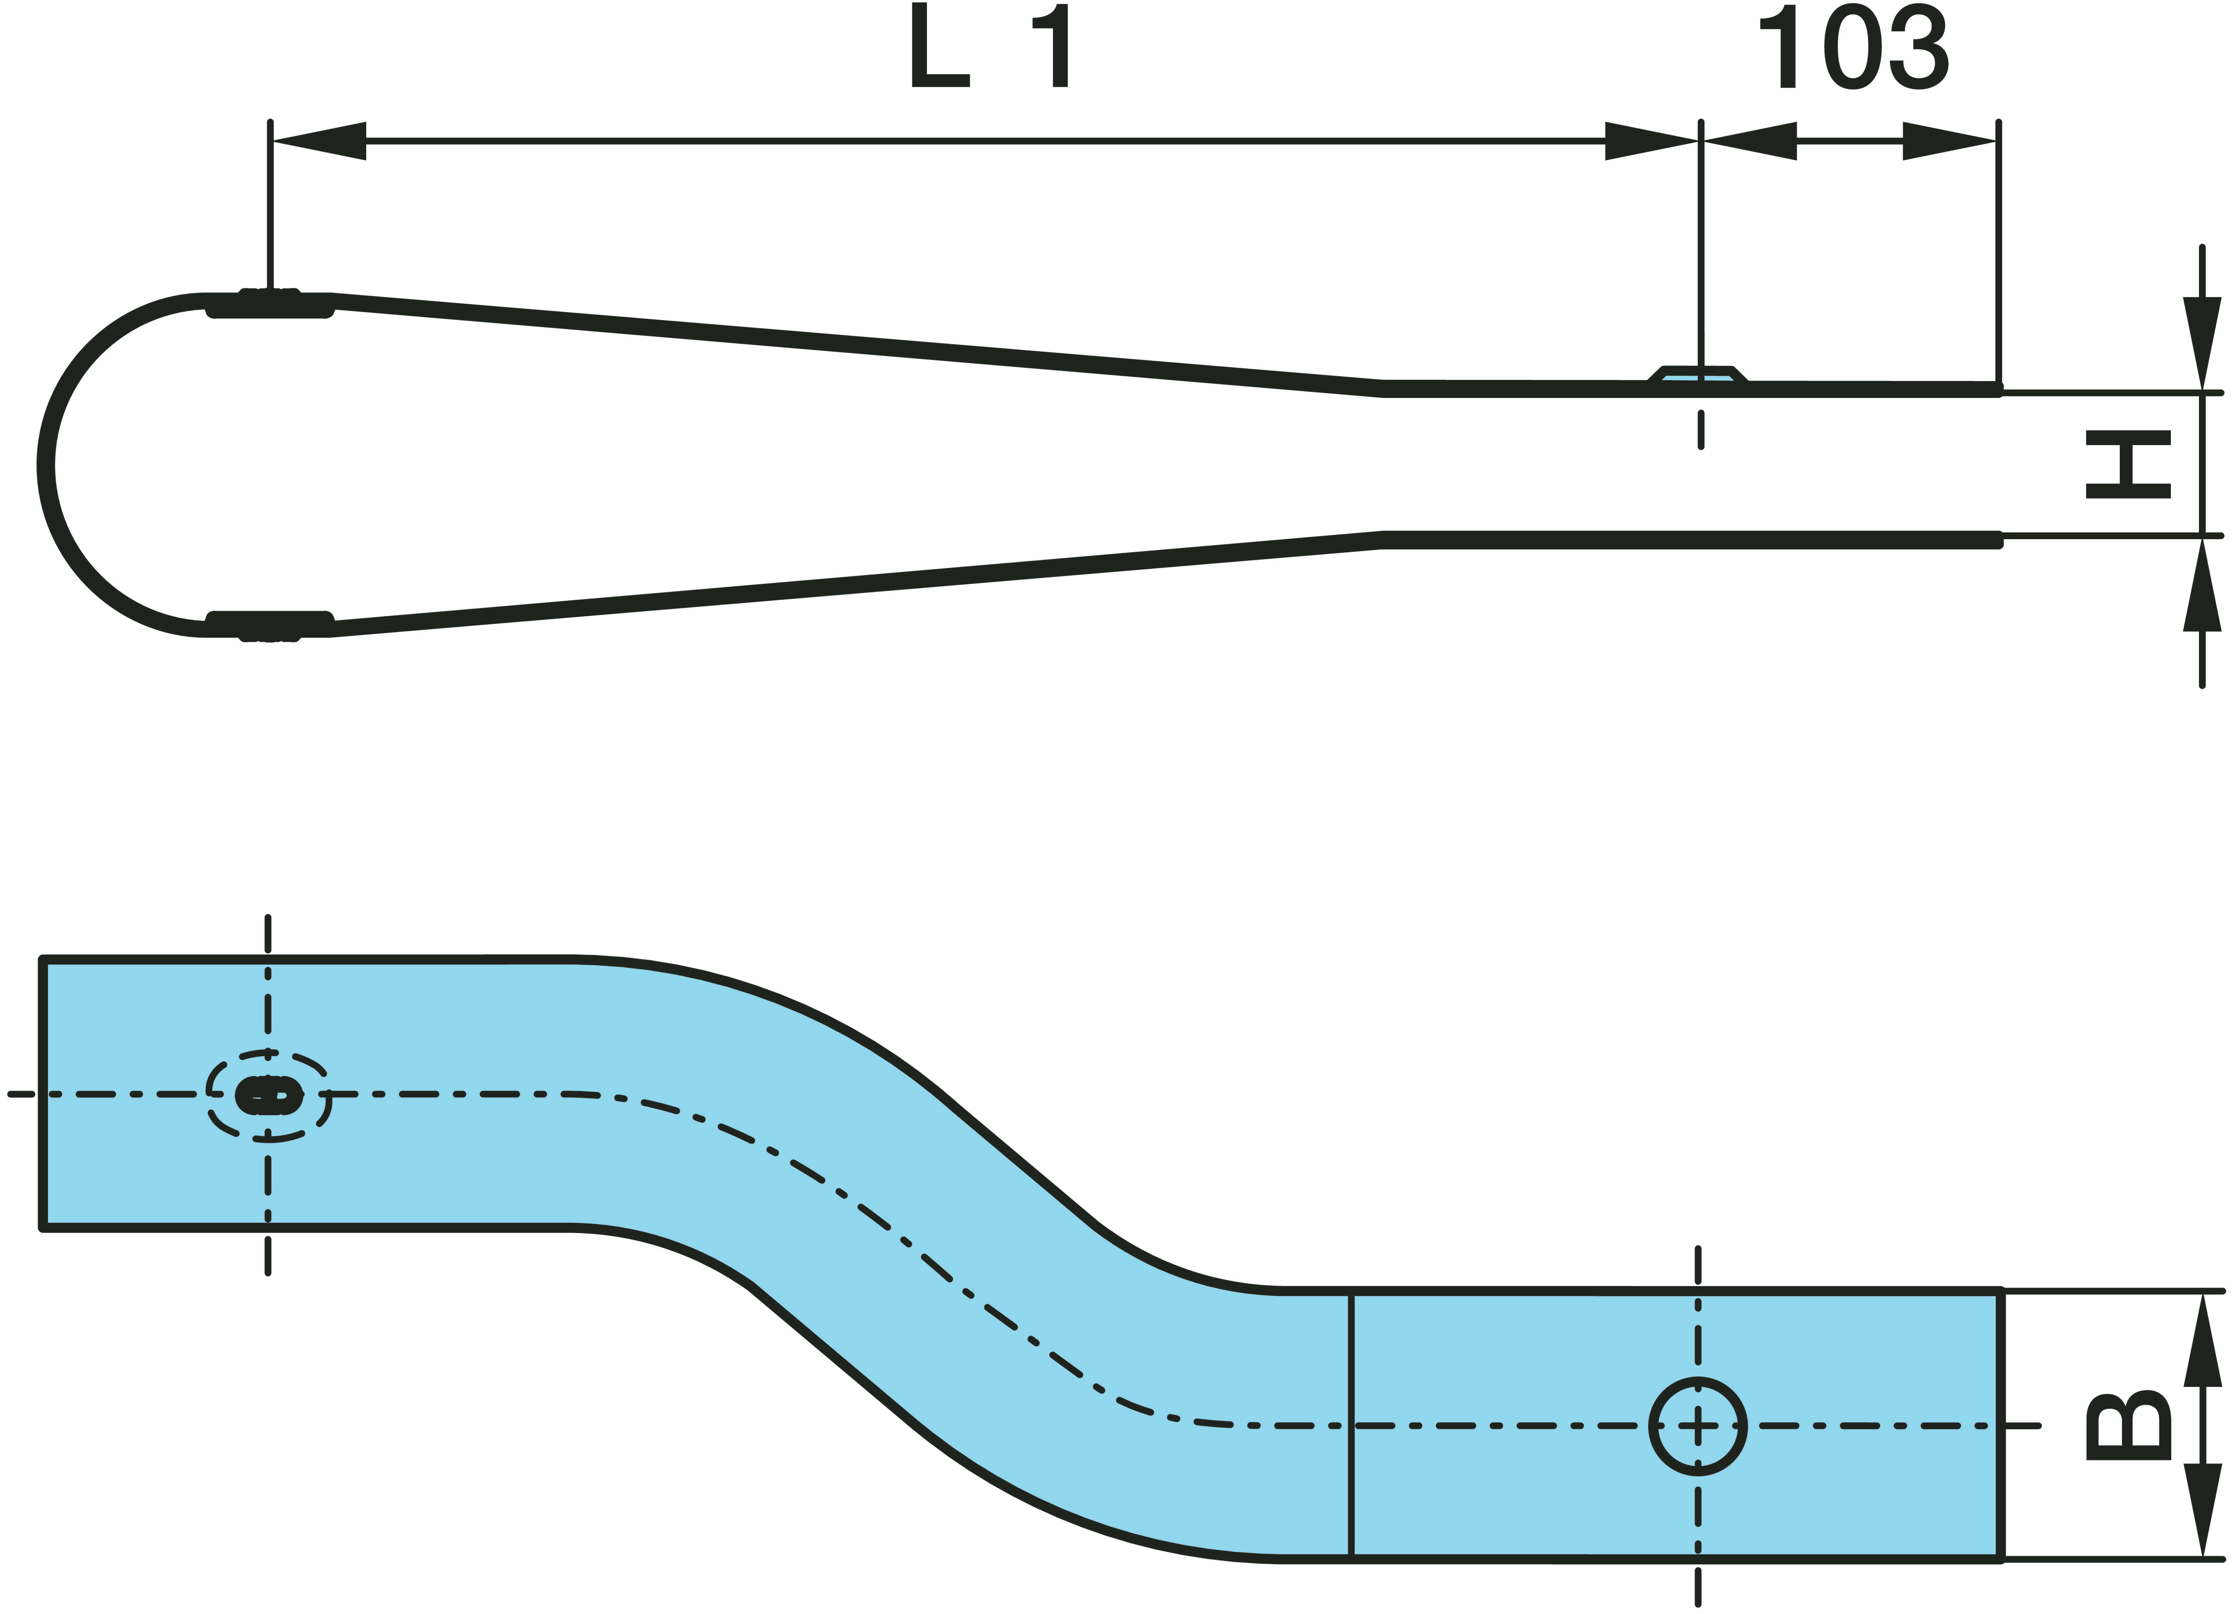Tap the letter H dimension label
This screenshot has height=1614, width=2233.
pyautogui.click(x=2129, y=465)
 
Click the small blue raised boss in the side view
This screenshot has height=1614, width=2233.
pyautogui.click(x=1697, y=377)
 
